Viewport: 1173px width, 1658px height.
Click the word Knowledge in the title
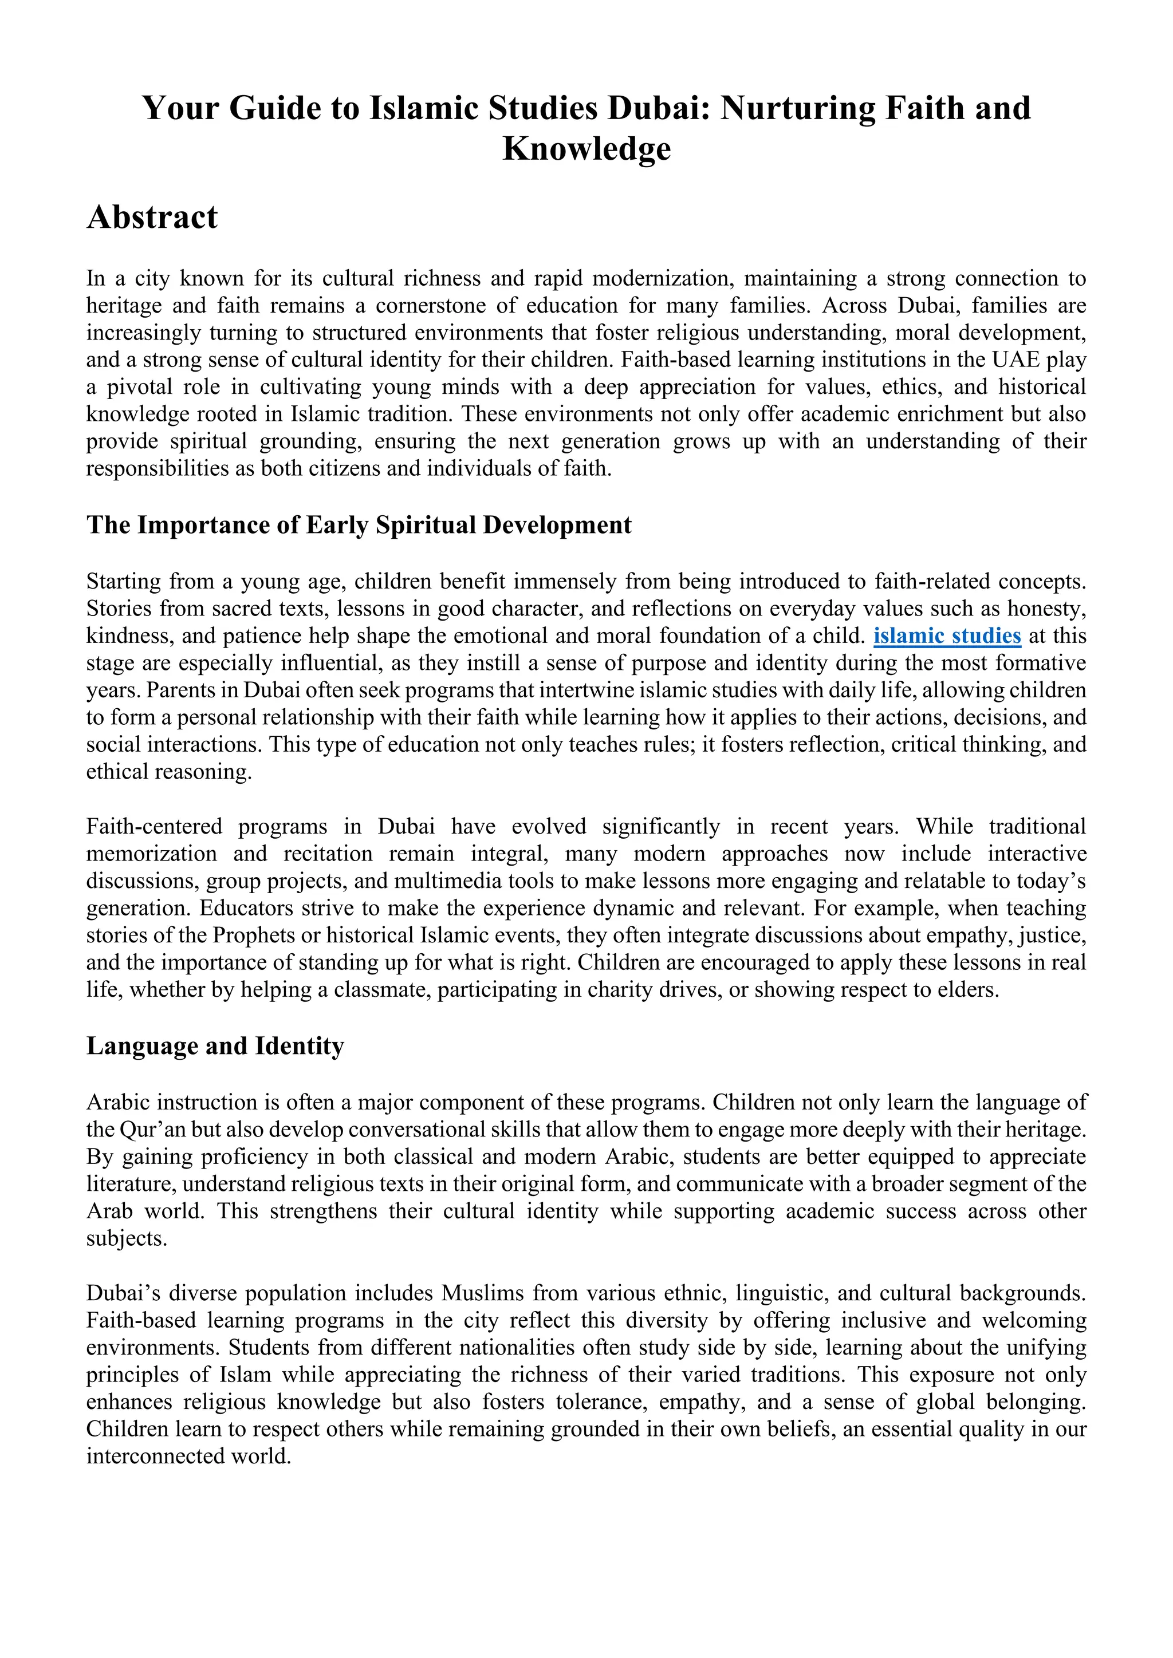(x=586, y=149)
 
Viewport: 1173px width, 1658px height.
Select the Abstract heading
(x=152, y=218)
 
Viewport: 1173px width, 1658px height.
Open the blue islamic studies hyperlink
(x=947, y=636)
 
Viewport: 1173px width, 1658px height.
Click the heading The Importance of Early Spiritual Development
(x=359, y=525)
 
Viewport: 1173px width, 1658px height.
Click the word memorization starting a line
(x=152, y=854)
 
